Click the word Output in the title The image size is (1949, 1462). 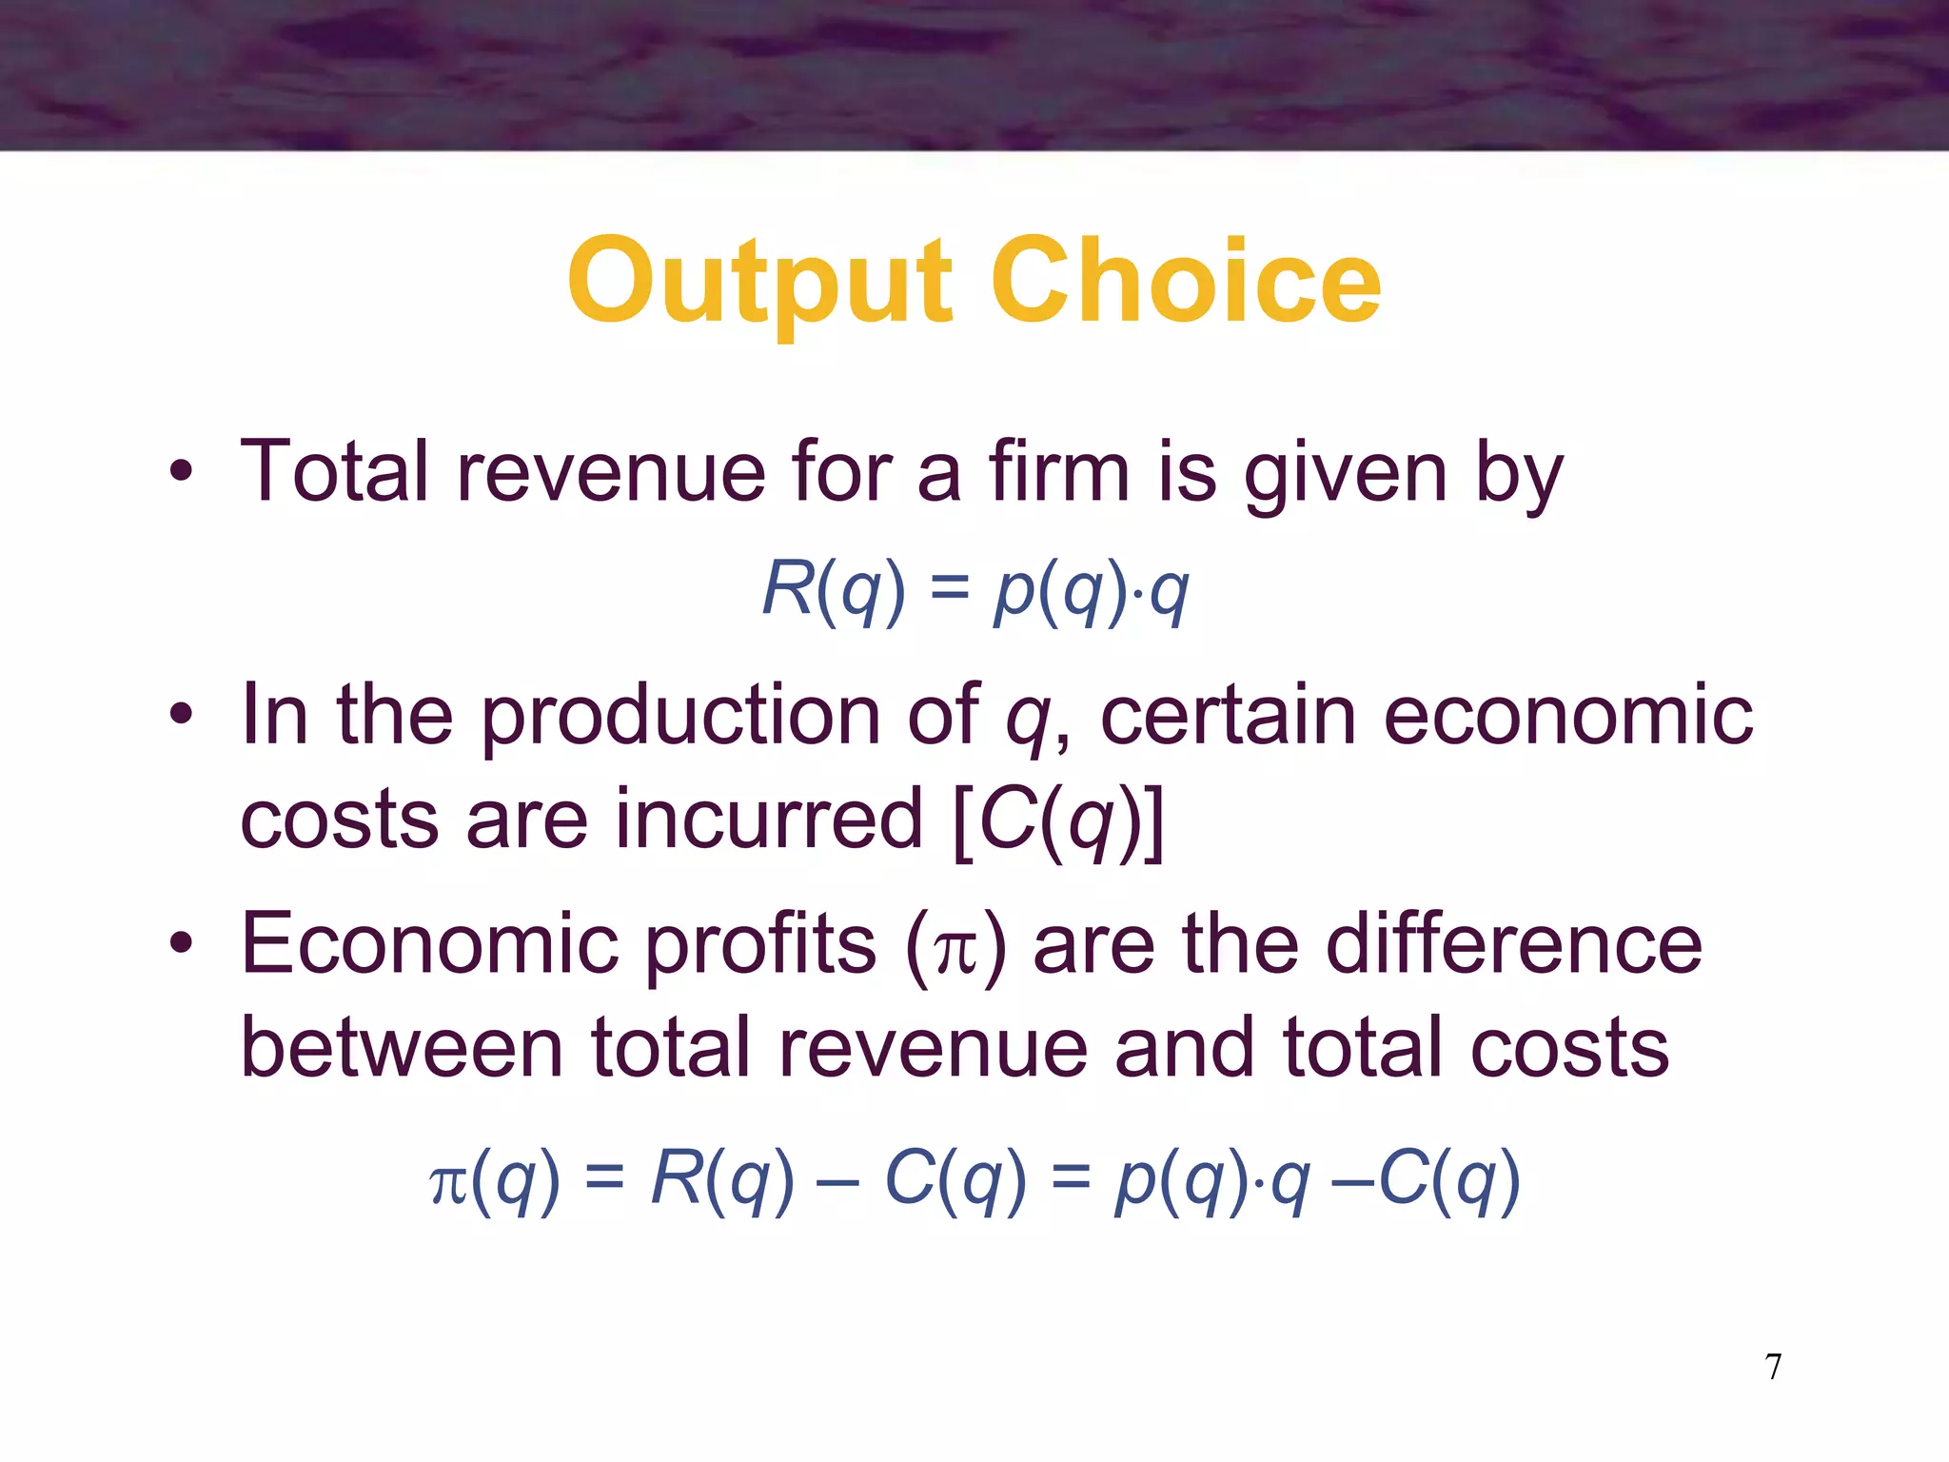point(758,283)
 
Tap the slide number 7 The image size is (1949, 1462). point(1773,1367)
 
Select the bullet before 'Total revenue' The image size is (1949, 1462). point(181,471)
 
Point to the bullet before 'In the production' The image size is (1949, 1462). point(181,714)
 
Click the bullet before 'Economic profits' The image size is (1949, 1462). point(181,942)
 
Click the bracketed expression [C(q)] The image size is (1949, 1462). point(1057,820)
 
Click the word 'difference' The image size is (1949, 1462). point(1513,942)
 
